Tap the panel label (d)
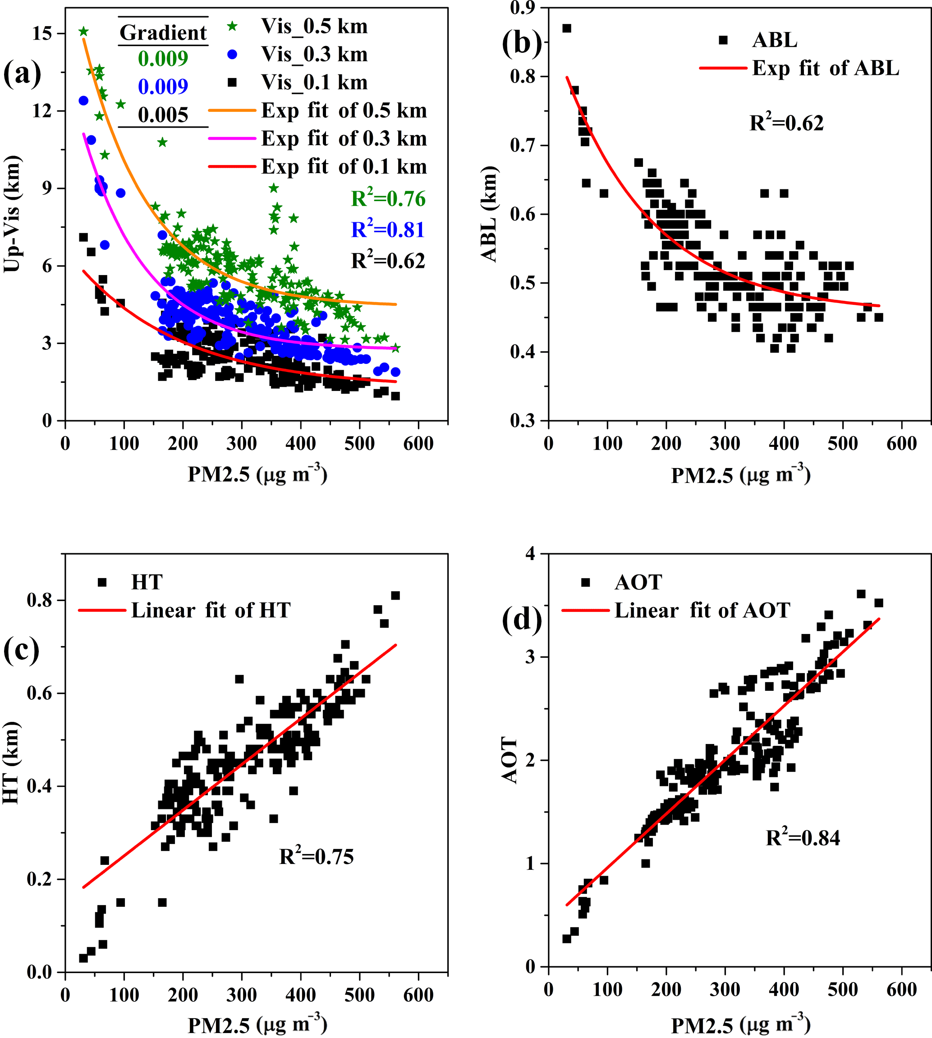point(521,620)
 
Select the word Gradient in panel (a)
point(163,33)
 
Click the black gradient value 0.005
point(163,115)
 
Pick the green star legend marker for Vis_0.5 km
point(233,26)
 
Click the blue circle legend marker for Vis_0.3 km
point(233,54)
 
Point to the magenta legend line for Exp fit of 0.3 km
point(232,138)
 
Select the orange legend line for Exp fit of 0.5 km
point(232,110)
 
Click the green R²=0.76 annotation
point(388,199)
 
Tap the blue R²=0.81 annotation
point(388,230)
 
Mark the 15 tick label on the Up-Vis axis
point(42,34)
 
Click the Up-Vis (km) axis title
point(12,214)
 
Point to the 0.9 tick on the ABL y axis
point(522,8)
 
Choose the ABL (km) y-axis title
point(490,214)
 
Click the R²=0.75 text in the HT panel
point(316,857)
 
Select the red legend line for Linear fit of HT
point(102,611)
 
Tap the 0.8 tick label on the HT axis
point(39,600)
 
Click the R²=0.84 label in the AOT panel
point(803,838)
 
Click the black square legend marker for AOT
point(586,582)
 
